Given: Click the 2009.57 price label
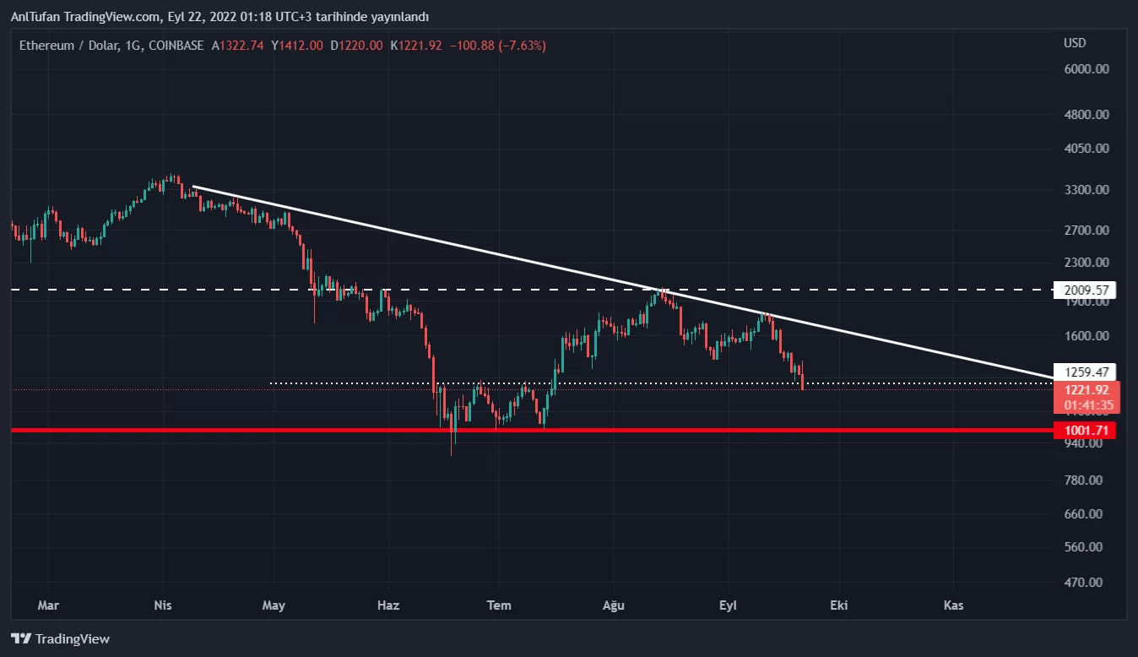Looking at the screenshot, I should [1086, 290].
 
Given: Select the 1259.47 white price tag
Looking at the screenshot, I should [1086, 372].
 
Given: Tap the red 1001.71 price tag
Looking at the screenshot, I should [1086, 431].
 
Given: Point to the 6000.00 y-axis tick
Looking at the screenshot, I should [1086, 69].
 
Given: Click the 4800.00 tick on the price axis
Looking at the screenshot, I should [1086, 114].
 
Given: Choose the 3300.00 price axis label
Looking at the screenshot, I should [1086, 189].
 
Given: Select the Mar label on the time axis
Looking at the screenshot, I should [49, 605].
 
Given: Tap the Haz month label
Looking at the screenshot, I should [388, 605].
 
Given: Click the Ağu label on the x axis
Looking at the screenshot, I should [613, 605].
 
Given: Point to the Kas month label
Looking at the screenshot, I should [953, 605].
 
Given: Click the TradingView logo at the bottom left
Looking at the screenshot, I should [61, 639].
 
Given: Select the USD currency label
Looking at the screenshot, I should [1075, 43].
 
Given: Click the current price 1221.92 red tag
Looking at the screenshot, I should [1087, 390].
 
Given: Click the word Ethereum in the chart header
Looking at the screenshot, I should [47, 46].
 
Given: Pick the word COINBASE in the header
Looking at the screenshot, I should [176, 46].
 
